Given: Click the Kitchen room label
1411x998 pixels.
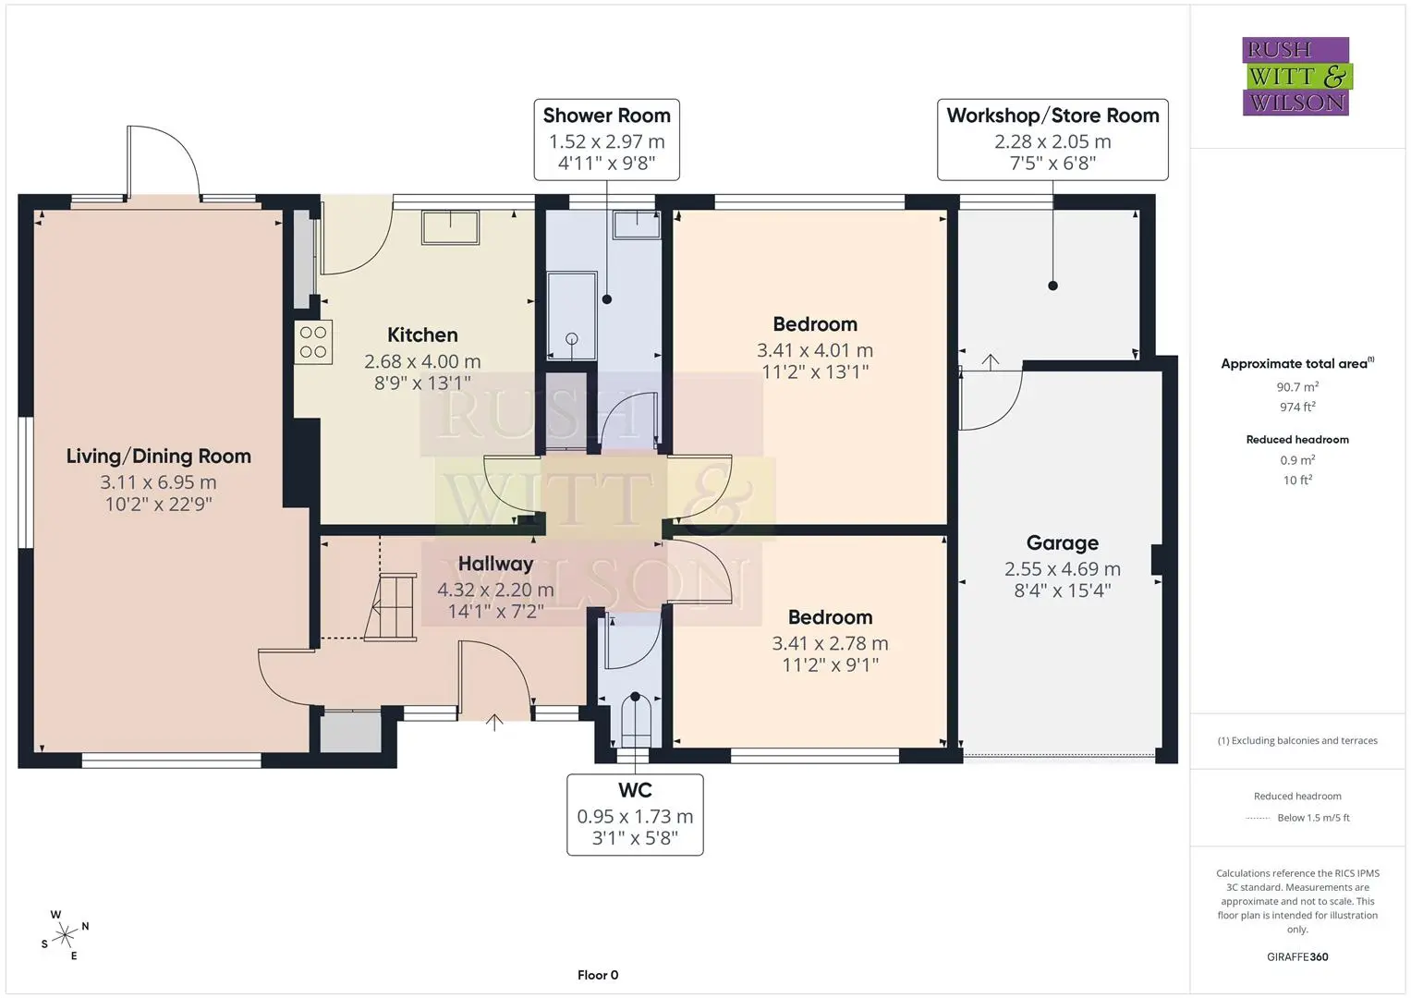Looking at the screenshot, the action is [x=422, y=335].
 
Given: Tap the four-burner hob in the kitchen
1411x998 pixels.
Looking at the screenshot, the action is [x=313, y=342].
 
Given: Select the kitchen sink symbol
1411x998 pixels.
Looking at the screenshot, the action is [x=450, y=226].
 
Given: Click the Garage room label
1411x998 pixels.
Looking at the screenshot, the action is [x=1062, y=542].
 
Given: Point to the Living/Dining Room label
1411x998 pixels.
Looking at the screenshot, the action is [x=159, y=456].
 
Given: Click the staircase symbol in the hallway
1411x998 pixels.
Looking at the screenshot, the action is [x=392, y=607].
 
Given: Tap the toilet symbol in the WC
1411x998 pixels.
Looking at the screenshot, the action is [x=635, y=720].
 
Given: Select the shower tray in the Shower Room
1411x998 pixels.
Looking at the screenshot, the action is [x=571, y=316].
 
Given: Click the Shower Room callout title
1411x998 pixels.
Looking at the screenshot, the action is [x=606, y=116].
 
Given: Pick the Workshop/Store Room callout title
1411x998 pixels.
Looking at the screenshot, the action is [x=1052, y=116].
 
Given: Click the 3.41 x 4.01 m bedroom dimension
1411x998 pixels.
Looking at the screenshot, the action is [x=814, y=350].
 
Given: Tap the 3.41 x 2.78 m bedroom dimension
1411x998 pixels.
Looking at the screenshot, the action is [x=830, y=643].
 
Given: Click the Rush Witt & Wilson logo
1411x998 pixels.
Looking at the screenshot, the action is [x=1297, y=76].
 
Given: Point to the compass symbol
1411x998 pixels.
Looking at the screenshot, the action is [x=65, y=935].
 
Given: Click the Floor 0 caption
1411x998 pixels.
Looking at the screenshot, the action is [x=598, y=975].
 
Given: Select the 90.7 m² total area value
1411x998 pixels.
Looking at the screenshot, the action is [x=1297, y=387].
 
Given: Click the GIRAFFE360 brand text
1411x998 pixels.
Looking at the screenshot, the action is [x=1297, y=957].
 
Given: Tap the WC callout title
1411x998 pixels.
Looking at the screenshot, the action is [x=635, y=790].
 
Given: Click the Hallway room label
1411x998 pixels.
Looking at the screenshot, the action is [x=495, y=564].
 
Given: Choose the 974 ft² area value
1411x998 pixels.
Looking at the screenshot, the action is [x=1297, y=407].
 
